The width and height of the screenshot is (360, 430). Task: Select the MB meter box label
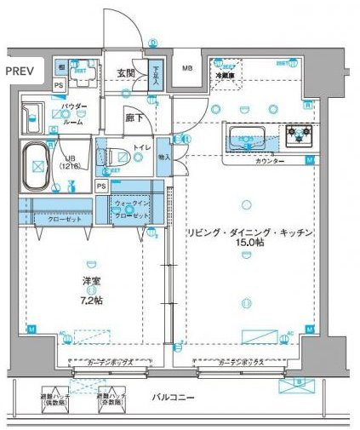click(x=186, y=71)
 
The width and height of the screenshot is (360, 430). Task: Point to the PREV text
click(x=18, y=72)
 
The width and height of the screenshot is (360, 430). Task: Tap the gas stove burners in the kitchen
click(x=298, y=133)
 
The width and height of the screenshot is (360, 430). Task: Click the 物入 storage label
click(x=164, y=157)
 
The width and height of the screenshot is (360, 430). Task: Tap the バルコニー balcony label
click(x=174, y=397)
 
